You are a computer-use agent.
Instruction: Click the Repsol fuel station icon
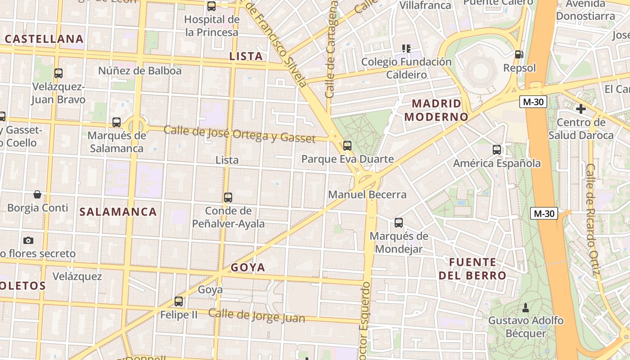pos(519,54)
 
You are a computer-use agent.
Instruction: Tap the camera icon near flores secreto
pos(28,240)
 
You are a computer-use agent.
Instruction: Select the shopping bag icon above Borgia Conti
pos(37,194)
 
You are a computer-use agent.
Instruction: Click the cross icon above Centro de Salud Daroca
pos(580,108)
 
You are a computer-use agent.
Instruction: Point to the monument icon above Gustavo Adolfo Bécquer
pos(525,308)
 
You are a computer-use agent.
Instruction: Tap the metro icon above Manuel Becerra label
pos(347,145)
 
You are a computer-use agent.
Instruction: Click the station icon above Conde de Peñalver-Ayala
pos(228,197)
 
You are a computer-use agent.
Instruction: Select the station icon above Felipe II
pos(179,301)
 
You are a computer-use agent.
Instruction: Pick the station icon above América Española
pos(497,150)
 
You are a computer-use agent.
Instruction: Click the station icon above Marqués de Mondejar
pos(399,222)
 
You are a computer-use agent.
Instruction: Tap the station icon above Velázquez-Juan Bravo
pos(58,73)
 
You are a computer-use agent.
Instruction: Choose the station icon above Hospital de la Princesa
pos(211,6)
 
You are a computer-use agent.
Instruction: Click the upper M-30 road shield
pos(533,102)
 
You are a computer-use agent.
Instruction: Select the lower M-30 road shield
pos(544,213)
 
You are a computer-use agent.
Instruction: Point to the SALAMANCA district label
pos(118,212)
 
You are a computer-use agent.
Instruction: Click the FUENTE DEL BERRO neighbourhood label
pos(472,269)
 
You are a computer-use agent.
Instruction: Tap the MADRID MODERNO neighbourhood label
pos(436,110)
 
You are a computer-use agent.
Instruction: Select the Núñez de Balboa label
pos(140,71)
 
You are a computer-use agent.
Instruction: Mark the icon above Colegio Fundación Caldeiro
pos(406,48)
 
